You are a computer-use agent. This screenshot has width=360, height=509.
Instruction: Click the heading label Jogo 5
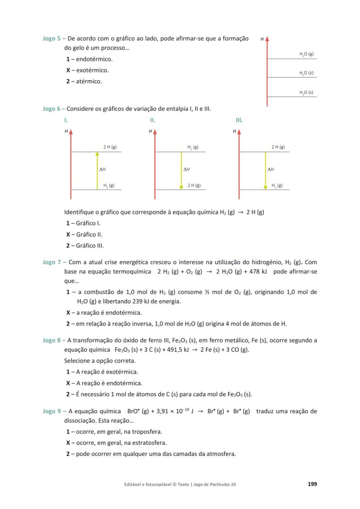coord(51,39)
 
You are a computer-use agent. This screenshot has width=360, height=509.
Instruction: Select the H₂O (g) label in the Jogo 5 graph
coord(306,54)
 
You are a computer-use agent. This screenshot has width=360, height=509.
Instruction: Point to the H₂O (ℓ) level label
coord(306,73)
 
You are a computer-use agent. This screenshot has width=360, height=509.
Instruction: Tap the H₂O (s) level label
coord(306,92)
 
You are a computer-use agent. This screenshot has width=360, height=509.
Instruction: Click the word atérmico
coord(89,81)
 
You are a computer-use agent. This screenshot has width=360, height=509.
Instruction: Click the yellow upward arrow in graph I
coord(98,170)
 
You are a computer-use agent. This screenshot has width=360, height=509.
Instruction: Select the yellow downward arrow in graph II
coord(181,170)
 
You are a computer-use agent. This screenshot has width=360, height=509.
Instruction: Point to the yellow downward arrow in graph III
coord(265,170)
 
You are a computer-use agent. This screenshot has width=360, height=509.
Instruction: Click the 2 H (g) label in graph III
coord(278,147)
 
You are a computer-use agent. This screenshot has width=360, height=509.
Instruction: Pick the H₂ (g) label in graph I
coord(109,186)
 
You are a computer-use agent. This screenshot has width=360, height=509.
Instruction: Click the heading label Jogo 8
coord(51,340)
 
